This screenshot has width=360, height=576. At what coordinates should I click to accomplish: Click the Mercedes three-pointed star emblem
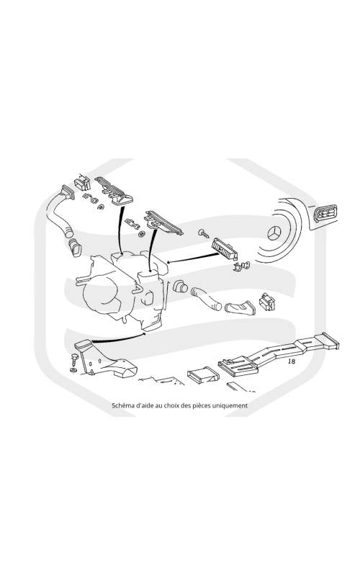[274, 233]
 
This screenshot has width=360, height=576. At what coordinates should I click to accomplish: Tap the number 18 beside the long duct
[292, 361]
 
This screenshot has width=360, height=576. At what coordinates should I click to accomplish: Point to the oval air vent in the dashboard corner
[325, 213]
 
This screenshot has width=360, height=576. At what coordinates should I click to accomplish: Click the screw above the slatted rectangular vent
[203, 233]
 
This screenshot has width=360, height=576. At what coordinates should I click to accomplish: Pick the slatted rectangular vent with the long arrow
[224, 248]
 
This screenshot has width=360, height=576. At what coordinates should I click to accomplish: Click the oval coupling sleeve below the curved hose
[76, 247]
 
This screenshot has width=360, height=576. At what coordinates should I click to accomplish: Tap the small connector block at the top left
[82, 183]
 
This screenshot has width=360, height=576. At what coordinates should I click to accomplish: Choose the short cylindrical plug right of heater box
[179, 286]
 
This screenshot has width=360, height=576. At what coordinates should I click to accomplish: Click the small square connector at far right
[267, 302]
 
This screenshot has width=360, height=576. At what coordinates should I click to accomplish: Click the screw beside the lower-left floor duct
[75, 358]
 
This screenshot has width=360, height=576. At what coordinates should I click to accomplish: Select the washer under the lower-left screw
[73, 369]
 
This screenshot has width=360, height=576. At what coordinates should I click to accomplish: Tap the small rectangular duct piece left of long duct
[203, 375]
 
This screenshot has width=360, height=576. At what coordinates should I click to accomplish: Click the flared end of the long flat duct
[330, 341]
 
